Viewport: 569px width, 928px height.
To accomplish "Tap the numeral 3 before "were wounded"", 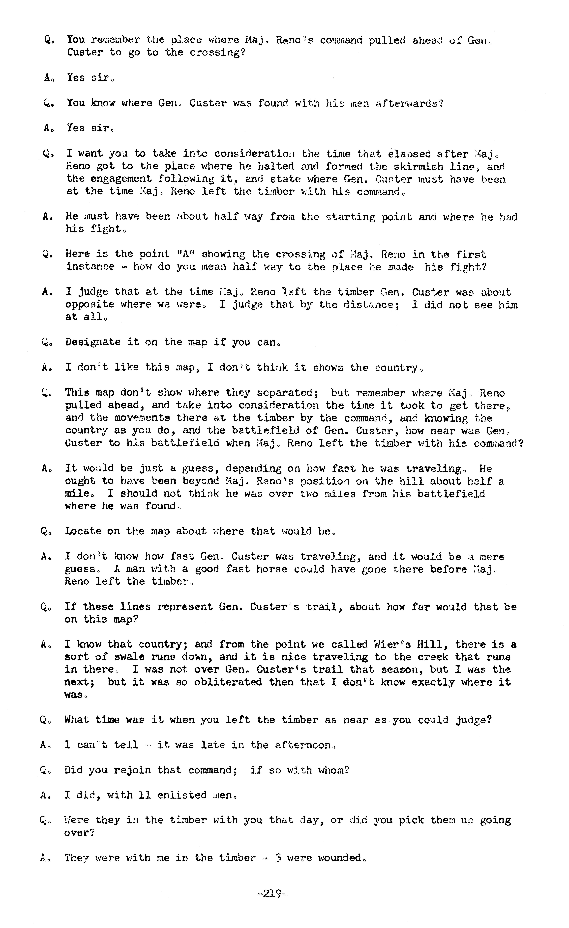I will (278, 858).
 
